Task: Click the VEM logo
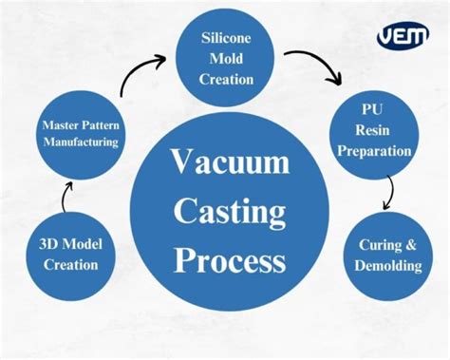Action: coord(403,36)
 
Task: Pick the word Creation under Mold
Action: coord(226,80)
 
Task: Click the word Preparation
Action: coord(375,151)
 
